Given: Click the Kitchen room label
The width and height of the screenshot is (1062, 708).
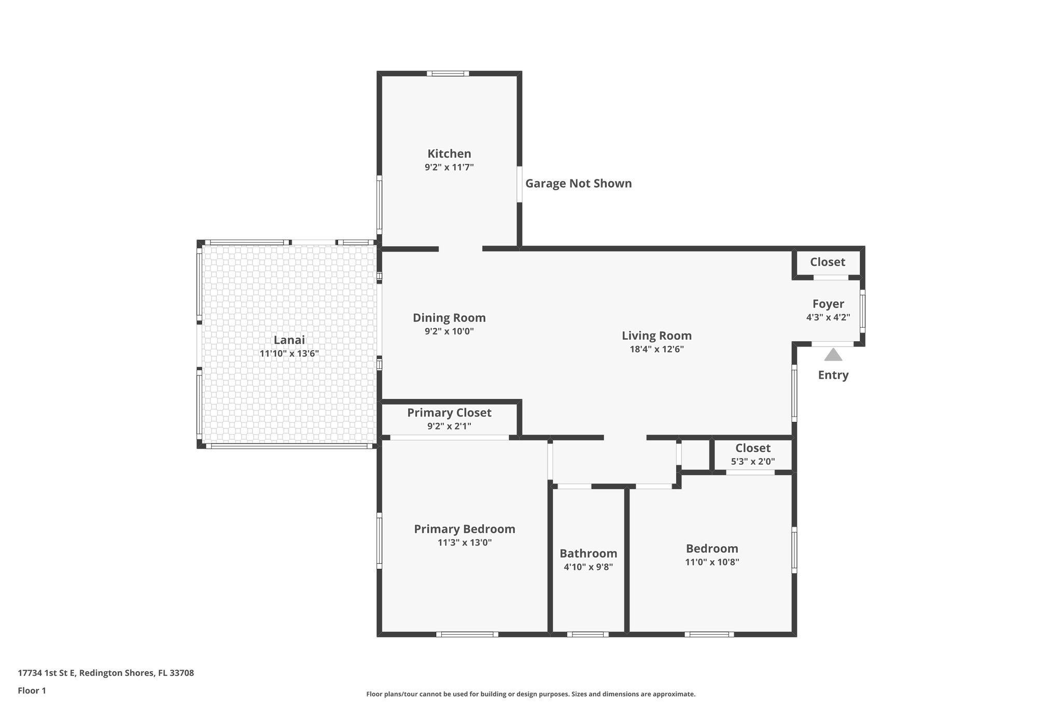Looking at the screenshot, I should click(449, 154).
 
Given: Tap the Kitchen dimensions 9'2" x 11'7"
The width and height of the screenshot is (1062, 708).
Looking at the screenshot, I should click(449, 168).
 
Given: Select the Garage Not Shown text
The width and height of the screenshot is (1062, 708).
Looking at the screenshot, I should click(578, 183).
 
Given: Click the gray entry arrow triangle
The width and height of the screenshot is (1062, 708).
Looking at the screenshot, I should click(833, 355).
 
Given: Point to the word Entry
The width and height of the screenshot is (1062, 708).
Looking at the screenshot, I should click(833, 375).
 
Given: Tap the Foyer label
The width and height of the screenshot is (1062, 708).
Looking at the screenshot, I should click(828, 304).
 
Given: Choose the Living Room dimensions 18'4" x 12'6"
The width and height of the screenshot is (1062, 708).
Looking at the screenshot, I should click(656, 350).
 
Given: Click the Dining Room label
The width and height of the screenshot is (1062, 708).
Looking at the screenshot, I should click(449, 317).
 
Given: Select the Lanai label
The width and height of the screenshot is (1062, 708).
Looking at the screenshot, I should click(289, 340).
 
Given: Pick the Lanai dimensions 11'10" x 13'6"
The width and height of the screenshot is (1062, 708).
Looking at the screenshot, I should click(289, 354).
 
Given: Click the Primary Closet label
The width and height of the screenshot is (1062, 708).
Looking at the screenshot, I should click(449, 413).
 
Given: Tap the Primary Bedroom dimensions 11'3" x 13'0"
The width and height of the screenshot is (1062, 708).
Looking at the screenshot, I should click(465, 543).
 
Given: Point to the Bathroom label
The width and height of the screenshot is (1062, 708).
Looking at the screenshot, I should click(588, 553).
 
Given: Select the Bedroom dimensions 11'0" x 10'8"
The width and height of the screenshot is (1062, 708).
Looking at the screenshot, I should click(711, 562).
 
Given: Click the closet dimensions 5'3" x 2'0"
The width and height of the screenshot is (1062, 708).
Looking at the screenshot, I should click(752, 462).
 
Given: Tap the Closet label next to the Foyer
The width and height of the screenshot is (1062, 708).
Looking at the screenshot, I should click(828, 262).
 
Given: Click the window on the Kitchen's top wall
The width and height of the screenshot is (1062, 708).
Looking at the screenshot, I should click(448, 74).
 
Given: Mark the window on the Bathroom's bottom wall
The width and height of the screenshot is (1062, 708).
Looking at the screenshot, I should click(588, 634).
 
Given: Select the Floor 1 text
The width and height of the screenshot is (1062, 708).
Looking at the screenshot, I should click(32, 691).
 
